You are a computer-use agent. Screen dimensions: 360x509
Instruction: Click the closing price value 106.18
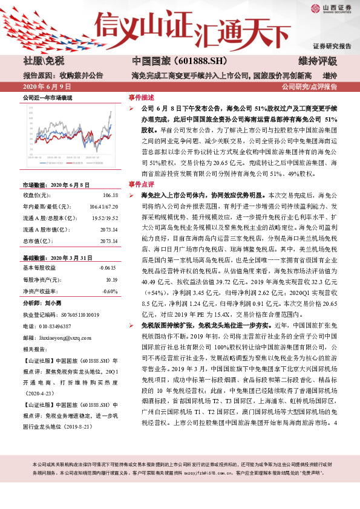click(110, 196)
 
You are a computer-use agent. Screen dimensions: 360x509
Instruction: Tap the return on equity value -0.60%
click(109, 291)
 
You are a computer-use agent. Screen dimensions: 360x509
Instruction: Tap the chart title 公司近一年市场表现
click(47, 97)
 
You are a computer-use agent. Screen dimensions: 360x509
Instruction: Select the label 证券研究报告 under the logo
click(332, 46)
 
